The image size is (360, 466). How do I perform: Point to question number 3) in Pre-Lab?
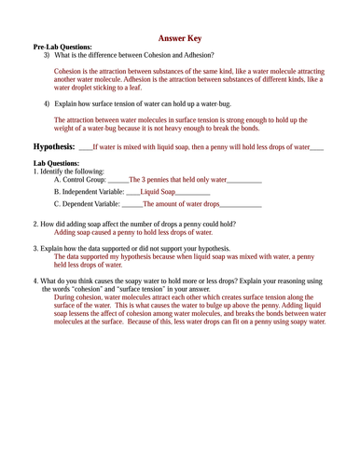(47, 55)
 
